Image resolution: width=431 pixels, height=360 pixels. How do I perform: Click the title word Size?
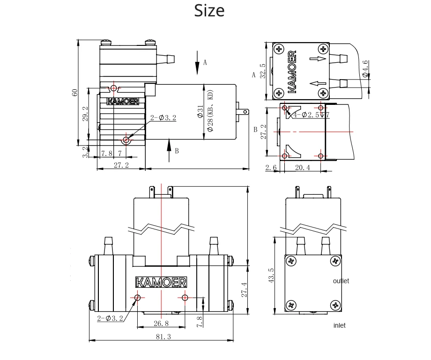click(209, 10)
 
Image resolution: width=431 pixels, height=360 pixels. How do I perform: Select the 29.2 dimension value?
click(85, 114)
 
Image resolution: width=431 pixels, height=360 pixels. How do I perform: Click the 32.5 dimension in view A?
click(263, 71)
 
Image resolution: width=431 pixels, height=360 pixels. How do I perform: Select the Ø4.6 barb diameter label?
click(365, 68)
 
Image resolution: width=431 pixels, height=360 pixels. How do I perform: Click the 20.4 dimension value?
click(302, 168)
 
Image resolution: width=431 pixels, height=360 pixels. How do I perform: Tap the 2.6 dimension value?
click(271, 168)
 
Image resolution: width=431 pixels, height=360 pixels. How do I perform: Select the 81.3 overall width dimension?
click(163, 337)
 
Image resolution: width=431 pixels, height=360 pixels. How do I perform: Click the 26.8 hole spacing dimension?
click(160, 323)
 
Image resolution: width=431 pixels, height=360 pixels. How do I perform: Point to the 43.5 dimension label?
click(270, 276)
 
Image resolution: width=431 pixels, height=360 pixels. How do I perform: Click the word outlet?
click(341, 281)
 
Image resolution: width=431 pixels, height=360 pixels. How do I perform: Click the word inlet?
click(339, 325)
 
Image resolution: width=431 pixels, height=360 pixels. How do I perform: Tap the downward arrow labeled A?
click(197, 62)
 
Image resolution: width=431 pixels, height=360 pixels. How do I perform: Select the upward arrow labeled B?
click(170, 150)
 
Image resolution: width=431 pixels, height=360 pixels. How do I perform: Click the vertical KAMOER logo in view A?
click(293, 71)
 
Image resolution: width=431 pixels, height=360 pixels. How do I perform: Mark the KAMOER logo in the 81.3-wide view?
click(161, 282)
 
